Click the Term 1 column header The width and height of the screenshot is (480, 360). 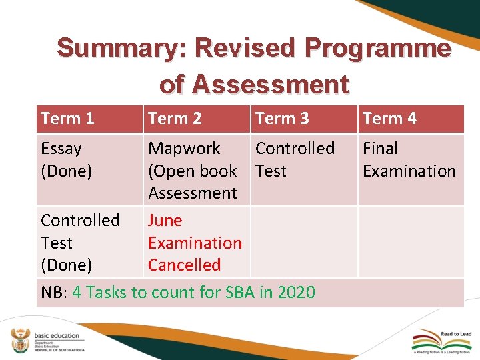[x=67, y=119]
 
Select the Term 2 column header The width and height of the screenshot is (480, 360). [x=175, y=119]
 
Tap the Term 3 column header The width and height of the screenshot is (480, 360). [x=282, y=119]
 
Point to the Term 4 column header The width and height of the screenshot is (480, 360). [x=389, y=119]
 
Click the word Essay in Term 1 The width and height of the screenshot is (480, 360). [x=61, y=149]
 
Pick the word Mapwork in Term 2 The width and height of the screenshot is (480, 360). [x=184, y=149]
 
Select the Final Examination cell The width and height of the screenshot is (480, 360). [x=409, y=160]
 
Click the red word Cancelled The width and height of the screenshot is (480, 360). [x=184, y=265]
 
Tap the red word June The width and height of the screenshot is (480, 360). [x=165, y=221]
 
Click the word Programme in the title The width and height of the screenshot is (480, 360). [x=377, y=48]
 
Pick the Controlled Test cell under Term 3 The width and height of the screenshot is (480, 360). [x=295, y=160]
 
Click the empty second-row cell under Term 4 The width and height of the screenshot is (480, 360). [x=411, y=242]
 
